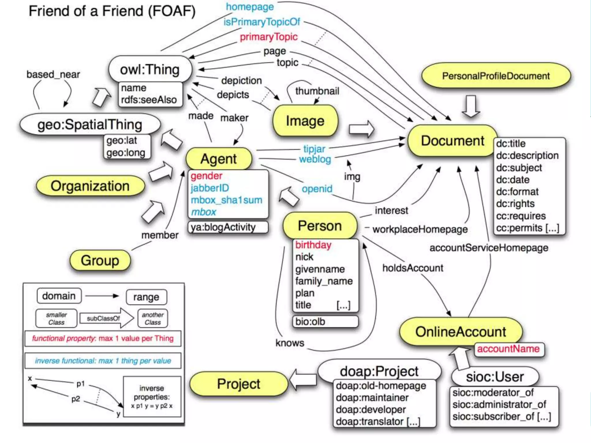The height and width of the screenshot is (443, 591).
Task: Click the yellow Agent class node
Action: coord(219,159)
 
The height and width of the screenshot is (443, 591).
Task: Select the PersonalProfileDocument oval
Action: coord(496,76)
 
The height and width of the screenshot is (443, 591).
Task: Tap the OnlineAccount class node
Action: coord(461,332)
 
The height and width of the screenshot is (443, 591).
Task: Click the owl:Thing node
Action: coord(150,70)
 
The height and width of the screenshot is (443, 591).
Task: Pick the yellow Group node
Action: coord(100,260)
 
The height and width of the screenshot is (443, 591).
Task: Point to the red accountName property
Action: coord(508,349)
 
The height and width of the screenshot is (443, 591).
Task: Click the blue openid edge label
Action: coord(317,189)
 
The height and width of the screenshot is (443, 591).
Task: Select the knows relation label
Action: coord(290,343)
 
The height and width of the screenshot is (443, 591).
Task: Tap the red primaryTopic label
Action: coord(269,37)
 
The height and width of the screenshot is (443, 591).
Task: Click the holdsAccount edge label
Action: coord(413,268)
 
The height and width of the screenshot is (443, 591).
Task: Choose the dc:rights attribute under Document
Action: coord(515,204)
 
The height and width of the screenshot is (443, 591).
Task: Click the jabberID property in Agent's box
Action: coord(210,188)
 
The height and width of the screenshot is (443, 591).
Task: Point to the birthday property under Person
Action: coord(313,245)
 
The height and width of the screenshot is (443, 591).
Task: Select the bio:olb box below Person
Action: coord(325,322)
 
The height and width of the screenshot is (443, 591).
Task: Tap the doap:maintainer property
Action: coord(372,398)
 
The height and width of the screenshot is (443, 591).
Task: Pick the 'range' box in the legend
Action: coord(146,297)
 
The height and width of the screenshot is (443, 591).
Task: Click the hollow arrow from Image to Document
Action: coord(361,129)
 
